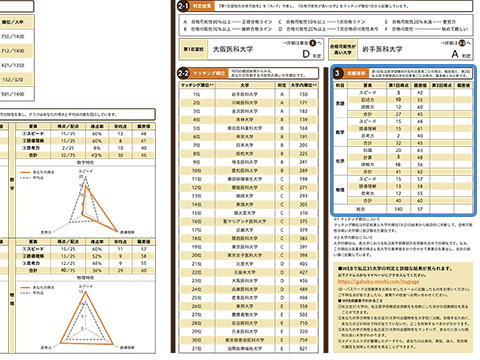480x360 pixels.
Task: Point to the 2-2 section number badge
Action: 183,73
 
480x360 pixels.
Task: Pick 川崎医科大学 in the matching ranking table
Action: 235,103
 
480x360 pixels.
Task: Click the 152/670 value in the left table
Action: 15,77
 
